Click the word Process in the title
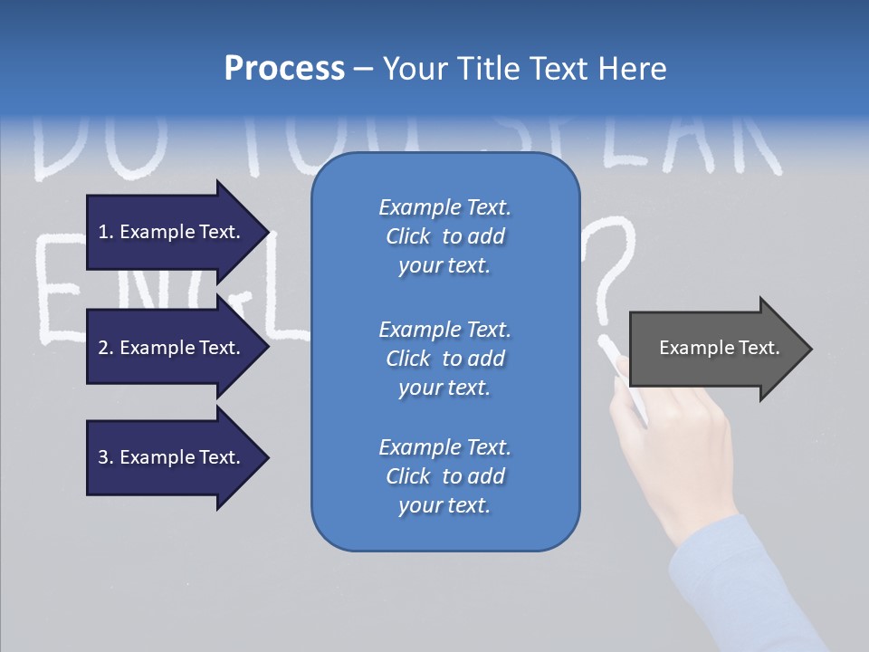coord(284,69)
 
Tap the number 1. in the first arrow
coord(106,232)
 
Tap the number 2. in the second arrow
coord(106,348)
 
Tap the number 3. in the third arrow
coord(106,457)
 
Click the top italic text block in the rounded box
coord(444,236)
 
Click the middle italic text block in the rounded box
coord(444,359)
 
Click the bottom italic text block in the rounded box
coord(444,476)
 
